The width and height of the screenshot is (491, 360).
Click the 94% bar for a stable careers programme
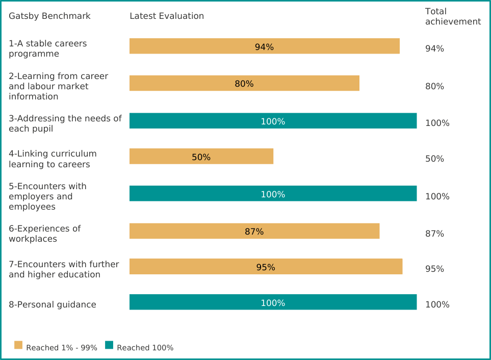[264, 46]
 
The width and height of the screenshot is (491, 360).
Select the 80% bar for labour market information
[244, 83]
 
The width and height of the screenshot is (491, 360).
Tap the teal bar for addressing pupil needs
[273, 121]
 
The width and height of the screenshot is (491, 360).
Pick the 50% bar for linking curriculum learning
[201, 157]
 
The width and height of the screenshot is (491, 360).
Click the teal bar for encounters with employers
[273, 194]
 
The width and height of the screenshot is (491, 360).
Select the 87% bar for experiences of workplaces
[254, 231]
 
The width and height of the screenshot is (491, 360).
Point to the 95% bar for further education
[266, 267]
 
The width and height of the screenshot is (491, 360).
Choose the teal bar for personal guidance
[273, 302]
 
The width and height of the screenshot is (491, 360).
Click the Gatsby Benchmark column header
[49, 16]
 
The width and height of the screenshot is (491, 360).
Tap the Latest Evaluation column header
[167, 16]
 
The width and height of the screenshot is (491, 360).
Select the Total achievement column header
[453, 16]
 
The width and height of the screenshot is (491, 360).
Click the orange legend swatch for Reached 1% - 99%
[18, 345]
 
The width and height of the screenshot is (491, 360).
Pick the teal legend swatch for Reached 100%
[109, 345]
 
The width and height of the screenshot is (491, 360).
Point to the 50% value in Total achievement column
[434, 159]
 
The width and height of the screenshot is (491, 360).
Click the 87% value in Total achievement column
[434, 234]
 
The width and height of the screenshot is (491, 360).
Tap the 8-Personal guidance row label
[52, 304]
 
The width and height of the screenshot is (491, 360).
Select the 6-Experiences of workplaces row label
[44, 234]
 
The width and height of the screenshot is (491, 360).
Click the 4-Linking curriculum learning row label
[53, 159]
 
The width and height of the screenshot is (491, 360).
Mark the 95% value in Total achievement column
[434, 269]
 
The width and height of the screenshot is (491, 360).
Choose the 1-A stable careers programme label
[47, 48]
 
